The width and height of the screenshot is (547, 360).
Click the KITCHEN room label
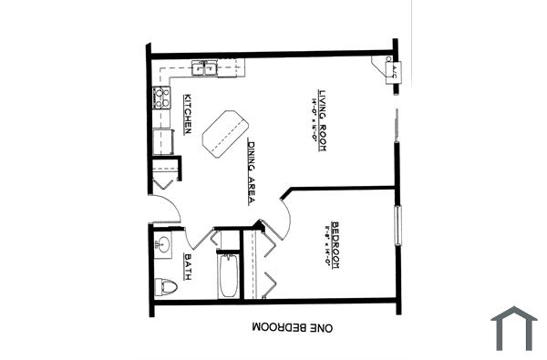[187, 113]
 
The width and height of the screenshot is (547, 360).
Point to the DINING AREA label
[251, 171]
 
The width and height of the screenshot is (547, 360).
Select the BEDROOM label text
[335, 243]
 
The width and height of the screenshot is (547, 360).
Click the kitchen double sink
[204, 67]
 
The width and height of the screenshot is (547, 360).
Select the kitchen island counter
[222, 131]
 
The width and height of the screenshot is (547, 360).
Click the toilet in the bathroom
[166, 287]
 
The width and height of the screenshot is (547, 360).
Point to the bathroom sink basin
[163, 244]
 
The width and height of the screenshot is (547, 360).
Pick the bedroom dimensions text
[325, 244]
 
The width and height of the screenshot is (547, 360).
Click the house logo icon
[513, 328]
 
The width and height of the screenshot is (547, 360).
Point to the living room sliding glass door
[397, 128]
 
